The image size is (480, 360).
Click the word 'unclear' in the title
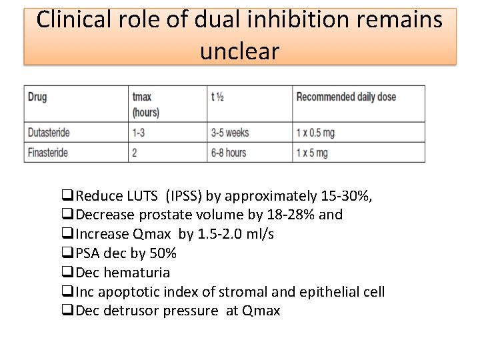point(239,51)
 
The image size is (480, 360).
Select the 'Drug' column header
point(37,97)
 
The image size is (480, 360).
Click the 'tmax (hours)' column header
point(145,104)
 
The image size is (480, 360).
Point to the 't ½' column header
point(217,97)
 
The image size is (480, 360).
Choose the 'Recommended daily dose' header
point(345,97)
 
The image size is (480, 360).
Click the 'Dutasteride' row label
point(49,133)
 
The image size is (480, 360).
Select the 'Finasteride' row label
point(48,153)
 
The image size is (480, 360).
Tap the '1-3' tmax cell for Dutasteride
point(139,133)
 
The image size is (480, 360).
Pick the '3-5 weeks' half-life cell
point(230,133)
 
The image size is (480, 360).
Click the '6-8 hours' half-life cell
point(229,153)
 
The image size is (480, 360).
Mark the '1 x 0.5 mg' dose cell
point(315,133)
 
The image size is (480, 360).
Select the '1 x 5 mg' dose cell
point(312,153)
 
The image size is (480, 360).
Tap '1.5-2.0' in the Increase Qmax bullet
point(221,234)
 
